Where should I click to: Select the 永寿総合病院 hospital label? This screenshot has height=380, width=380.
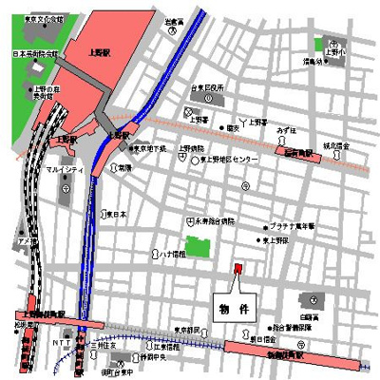click(214, 220)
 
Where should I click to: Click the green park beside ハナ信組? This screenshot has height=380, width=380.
click(198, 249)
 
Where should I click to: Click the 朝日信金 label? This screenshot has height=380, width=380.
click(263, 337)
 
